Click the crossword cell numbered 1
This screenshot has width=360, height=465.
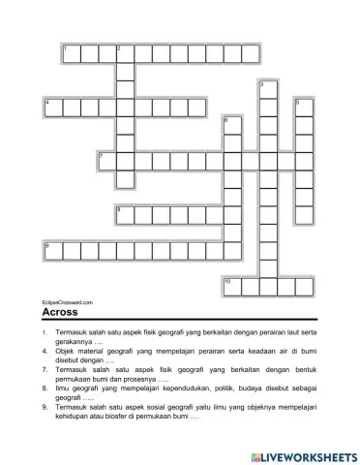pos(71,51)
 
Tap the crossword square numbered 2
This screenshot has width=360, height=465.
pos(124,51)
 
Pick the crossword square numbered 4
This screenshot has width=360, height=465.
pos(53,106)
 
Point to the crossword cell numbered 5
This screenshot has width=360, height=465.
pos(303,106)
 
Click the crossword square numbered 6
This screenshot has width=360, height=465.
pos(231,124)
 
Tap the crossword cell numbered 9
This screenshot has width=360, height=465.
pos(53,249)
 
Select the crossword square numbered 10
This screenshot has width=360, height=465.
pos(231,285)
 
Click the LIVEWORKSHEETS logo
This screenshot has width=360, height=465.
pos(303,453)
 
